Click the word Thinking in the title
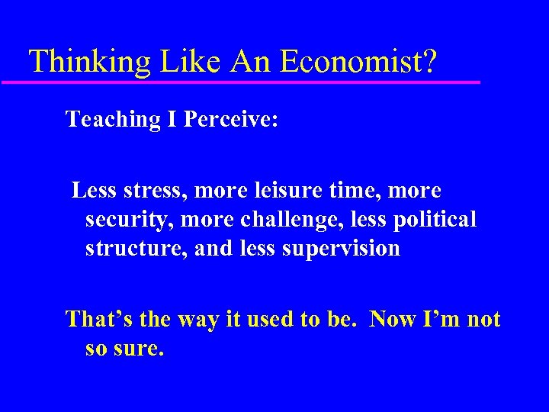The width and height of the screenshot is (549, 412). (x=89, y=61)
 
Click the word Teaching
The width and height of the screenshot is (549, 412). (x=108, y=120)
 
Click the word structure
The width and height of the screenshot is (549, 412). (x=131, y=249)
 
